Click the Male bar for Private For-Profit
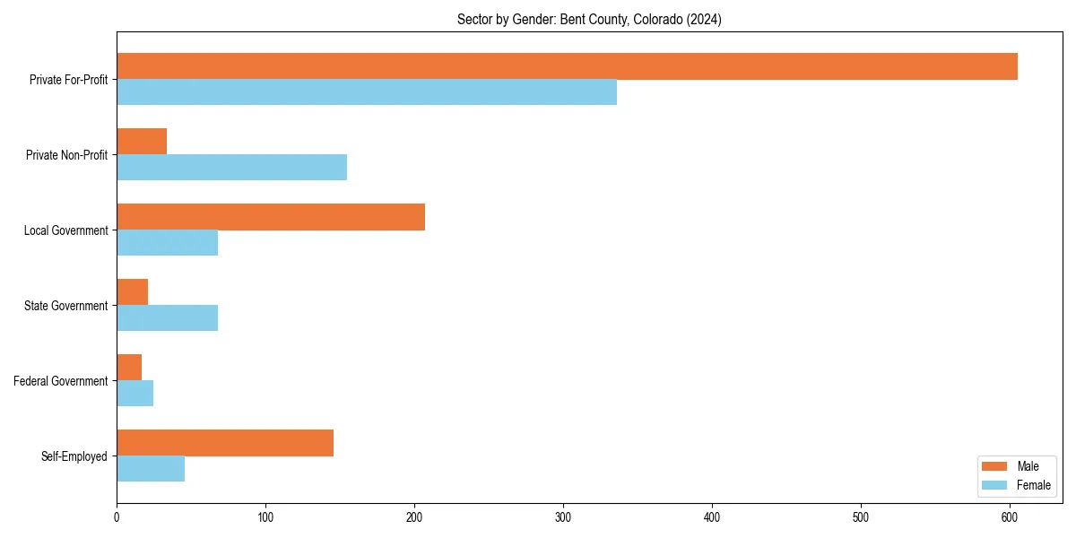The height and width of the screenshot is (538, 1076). click(567, 66)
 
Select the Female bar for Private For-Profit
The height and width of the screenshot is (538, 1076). click(367, 92)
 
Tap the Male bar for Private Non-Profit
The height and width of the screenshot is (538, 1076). click(142, 142)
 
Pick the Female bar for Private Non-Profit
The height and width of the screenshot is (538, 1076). click(231, 168)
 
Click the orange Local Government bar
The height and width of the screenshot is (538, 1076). click(271, 217)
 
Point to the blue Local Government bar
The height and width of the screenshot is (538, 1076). click(167, 243)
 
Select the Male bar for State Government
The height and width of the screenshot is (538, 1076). click(132, 292)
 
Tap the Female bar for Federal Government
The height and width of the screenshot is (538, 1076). click(134, 394)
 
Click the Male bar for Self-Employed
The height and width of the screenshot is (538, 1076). click(225, 443)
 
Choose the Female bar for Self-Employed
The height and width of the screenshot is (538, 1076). click(151, 469)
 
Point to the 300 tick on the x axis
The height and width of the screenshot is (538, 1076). click(563, 517)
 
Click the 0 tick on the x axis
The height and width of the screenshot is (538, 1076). click(117, 517)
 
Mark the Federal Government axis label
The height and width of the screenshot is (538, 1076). click(61, 381)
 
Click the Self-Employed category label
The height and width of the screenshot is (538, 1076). click(74, 456)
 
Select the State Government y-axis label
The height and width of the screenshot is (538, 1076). click(66, 306)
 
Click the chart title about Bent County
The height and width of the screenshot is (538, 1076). click(589, 19)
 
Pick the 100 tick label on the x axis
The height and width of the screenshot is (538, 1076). click(265, 517)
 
